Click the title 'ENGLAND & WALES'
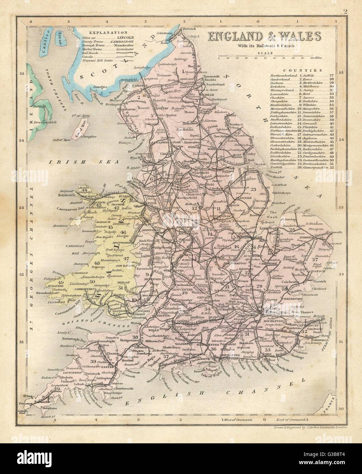263,36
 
